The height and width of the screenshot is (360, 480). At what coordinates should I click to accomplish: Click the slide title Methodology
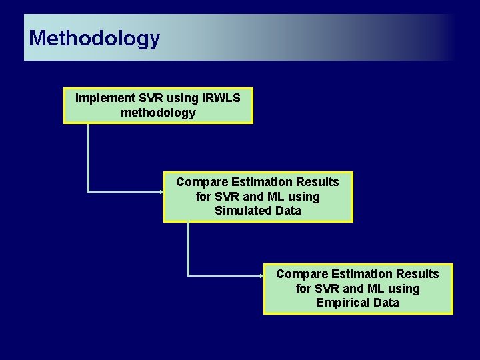tap(94, 38)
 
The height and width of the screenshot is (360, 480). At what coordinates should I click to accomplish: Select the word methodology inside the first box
tap(158, 113)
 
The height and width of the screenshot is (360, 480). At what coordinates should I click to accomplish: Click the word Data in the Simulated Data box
tap(287, 211)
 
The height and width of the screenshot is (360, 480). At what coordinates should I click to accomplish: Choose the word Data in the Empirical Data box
tap(386, 303)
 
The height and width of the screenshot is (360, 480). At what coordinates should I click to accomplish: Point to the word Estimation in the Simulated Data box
tap(258, 182)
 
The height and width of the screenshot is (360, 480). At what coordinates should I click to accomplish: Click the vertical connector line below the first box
tap(89, 157)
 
